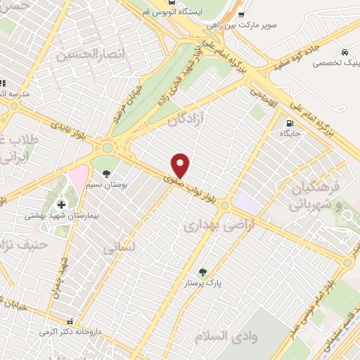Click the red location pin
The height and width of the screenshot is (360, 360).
click(181, 165)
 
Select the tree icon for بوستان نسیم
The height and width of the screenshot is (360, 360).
click(106, 173)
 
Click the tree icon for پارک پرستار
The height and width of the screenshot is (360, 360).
click(203, 271)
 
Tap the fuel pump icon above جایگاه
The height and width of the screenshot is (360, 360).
click(290, 122)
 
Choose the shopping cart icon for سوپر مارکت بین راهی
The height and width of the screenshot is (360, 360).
click(242, 13)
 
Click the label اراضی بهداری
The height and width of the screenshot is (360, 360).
click(212, 225)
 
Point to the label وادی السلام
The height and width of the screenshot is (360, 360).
click(235, 335)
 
